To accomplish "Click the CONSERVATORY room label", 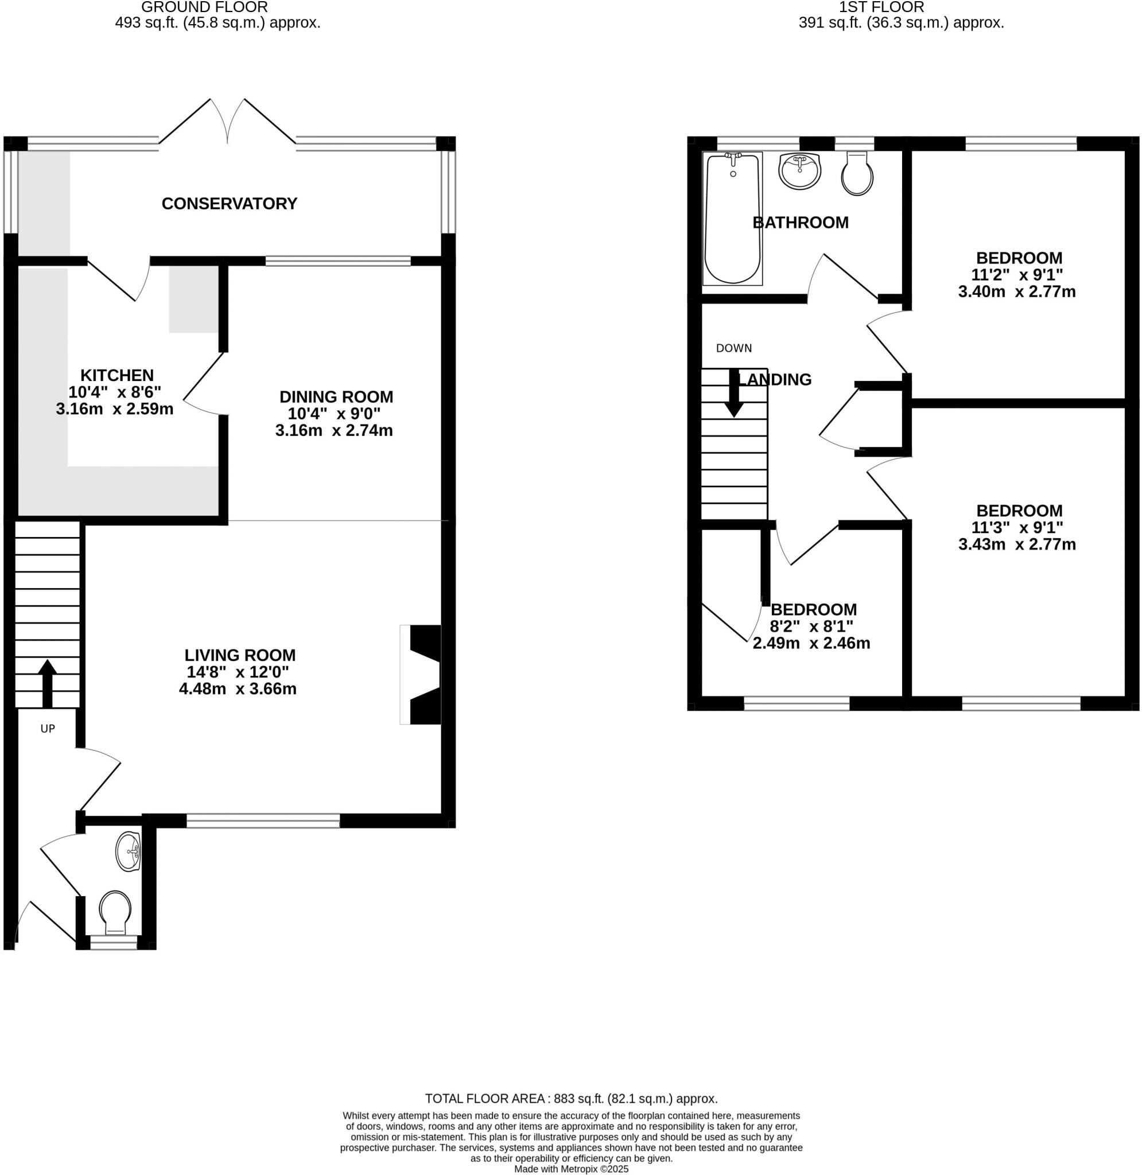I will [229, 204].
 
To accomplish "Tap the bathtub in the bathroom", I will [732, 218].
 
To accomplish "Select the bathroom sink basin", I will [799, 171].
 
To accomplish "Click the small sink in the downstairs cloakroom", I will [129, 851].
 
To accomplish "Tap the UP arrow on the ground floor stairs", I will [48, 683].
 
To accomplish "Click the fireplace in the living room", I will [422, 675].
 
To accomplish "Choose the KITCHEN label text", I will [117, 375].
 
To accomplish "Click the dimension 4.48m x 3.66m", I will [238, 689].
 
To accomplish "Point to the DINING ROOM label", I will [336, 397].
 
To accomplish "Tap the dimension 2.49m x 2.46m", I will [811, 643].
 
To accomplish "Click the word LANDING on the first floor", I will [775, 379].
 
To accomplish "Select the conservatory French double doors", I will [227, 123].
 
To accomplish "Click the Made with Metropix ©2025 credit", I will [571, 1169].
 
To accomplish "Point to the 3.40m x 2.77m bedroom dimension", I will [1017, 292].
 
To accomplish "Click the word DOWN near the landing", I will [733, 348].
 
